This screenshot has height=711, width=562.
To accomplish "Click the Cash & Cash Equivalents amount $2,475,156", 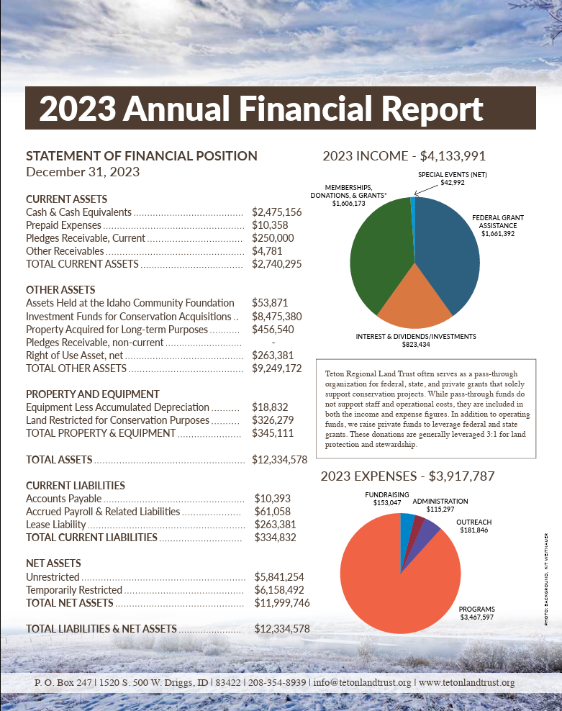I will coord(277,212).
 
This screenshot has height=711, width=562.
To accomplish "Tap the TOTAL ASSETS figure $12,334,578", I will coord(280,460).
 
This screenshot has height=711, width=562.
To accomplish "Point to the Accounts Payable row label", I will coord(63,499).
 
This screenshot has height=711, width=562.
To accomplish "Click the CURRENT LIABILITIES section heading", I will coord(76,486).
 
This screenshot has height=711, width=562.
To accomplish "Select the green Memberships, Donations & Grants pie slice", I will coord(378,252).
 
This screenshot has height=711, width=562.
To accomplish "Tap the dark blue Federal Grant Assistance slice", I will coord(450,248).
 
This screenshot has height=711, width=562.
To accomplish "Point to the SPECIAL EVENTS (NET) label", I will coord(453,175).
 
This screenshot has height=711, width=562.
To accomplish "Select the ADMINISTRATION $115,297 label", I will coord(440,505).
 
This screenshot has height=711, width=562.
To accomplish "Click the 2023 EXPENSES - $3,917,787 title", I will coord(407,476).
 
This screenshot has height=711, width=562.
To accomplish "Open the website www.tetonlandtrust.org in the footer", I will coord(466,682).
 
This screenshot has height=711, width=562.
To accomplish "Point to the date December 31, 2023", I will coord(83,172).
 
